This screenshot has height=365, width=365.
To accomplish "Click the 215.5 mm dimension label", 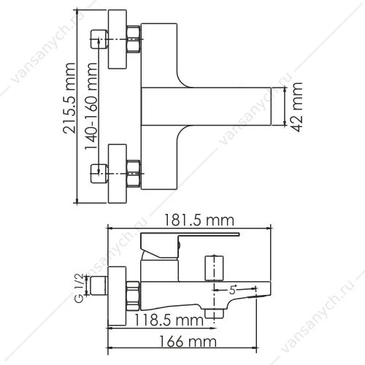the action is click(x=69, y=98).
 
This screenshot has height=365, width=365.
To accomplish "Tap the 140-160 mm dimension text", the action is click(x=91, y=107).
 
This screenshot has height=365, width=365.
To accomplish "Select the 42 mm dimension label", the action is click(x=297, y=107).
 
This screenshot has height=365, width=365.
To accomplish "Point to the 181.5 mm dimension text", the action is click(x=199, y=220).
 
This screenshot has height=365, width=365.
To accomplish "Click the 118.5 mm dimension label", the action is click(x=169, y=320).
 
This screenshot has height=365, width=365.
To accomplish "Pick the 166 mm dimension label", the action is click(x=188, y=341).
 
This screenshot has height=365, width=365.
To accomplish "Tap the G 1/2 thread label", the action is click(x=79, y=288).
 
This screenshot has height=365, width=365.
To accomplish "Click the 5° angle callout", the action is click(x=233, y=290).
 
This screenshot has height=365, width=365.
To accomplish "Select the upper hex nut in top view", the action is click(x=134, y=39).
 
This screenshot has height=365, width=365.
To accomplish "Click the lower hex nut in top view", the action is click(x=134, y=174).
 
